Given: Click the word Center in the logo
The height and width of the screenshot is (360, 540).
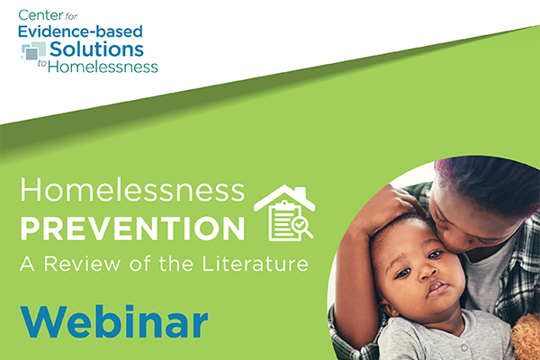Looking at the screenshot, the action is [40, 15].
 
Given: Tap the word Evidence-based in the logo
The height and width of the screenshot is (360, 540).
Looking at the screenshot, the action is [80, 31].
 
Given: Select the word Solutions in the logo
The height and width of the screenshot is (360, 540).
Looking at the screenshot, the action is [97, 49].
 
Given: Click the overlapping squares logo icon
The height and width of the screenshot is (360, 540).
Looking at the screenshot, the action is [33, 51].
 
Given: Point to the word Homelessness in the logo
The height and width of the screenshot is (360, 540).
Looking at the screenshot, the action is [103, 67].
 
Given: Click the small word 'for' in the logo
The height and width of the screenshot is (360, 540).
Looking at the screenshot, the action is [71, 16].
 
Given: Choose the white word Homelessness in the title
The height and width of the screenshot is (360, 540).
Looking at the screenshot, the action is [132, 190].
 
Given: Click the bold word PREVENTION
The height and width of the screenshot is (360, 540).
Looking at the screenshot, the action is [132, 229].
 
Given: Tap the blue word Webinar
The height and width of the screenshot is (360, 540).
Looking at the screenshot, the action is [114, 322].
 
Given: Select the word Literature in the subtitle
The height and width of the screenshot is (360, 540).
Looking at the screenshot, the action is [255, 264].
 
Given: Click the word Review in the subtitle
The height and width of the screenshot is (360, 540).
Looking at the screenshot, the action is [82, 265].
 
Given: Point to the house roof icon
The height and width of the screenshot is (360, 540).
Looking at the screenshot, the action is [284, 198].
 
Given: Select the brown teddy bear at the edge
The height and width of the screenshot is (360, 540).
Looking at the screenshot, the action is [526, 337].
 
